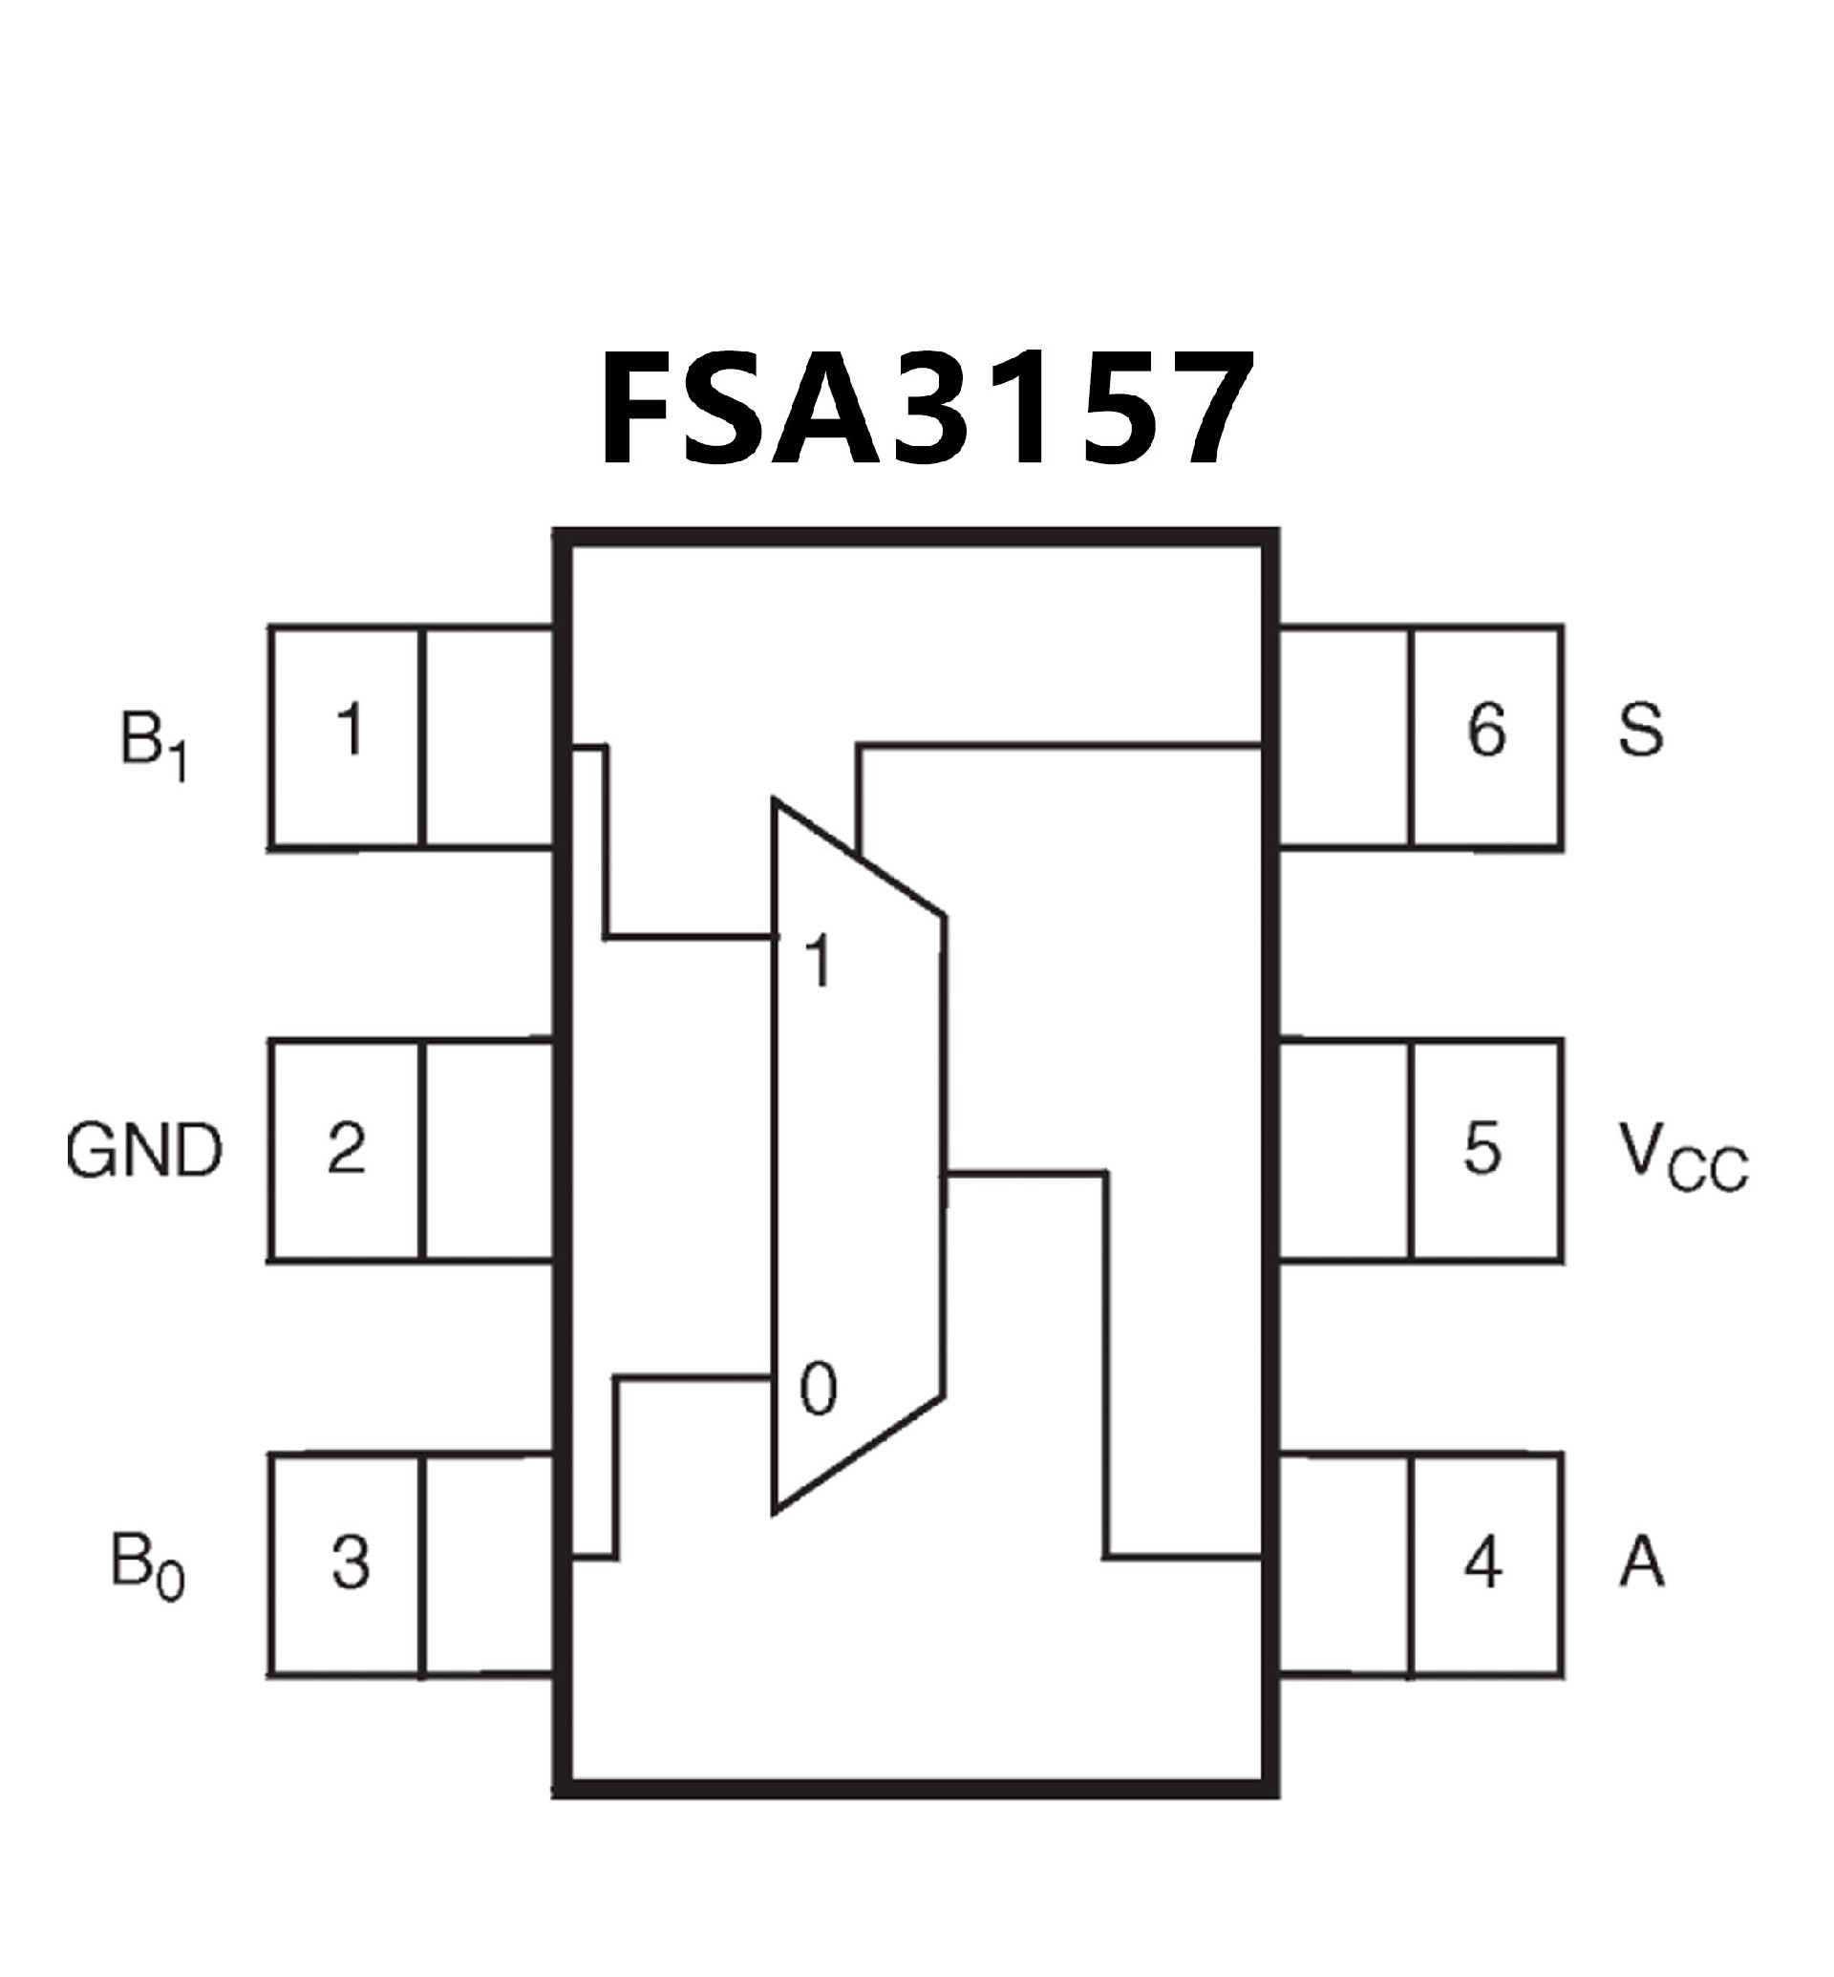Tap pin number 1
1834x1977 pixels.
tap(350, 731)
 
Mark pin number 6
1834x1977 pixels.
tap(1485, 731)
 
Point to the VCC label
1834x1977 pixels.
tap(1682, 1157)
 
